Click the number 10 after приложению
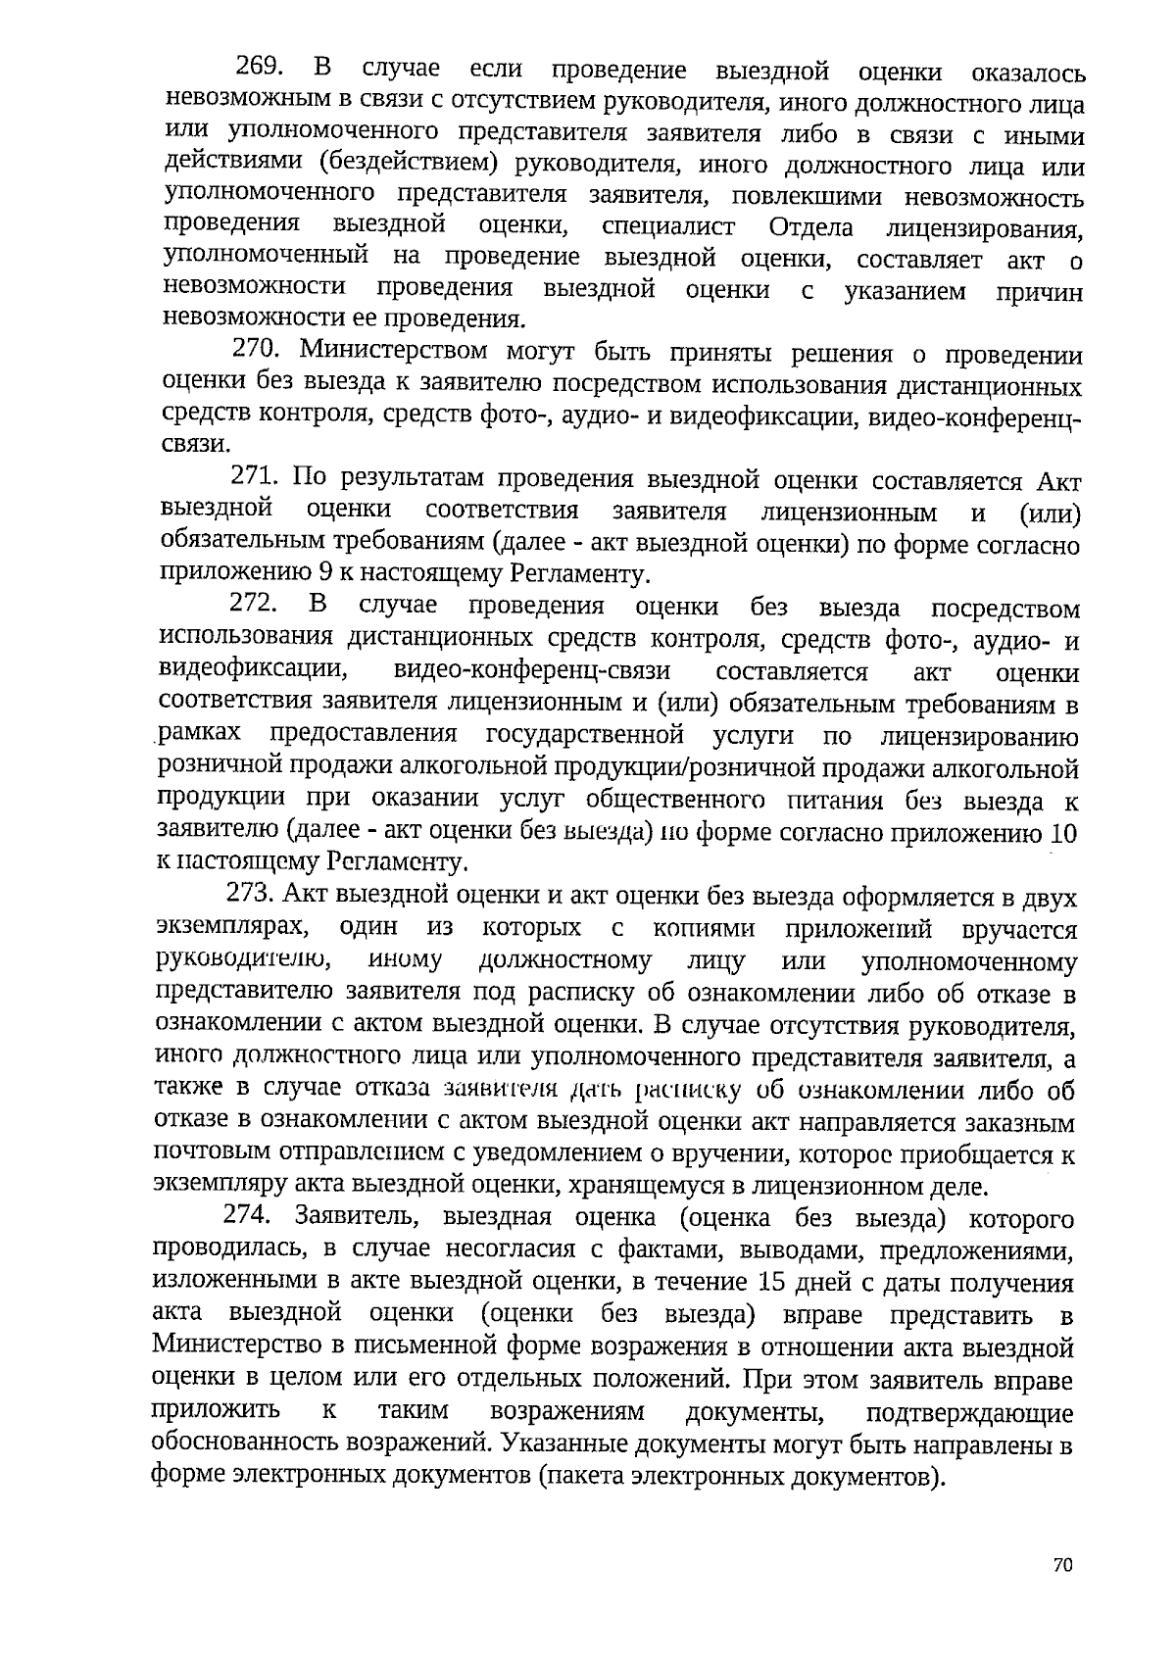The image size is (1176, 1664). tap(1063, 834)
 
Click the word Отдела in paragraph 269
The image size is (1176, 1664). tap(810, 227)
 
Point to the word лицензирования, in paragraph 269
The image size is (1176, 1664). tap(984, 230)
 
